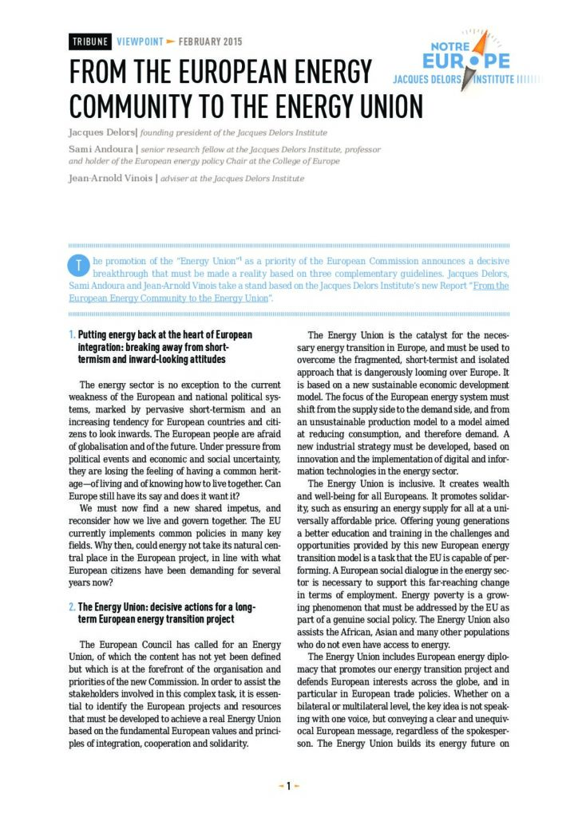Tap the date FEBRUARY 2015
(x=210, y=41)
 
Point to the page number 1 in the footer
(x=288, y=786)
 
